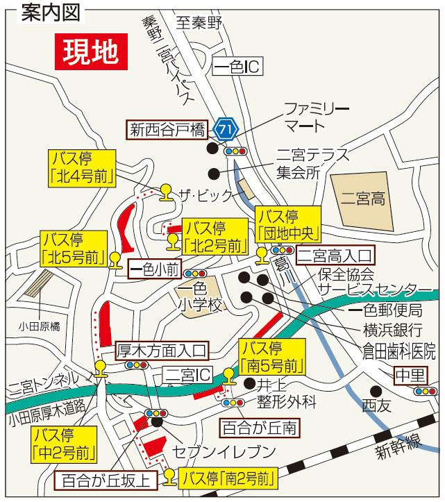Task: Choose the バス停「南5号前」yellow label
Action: [271, 358]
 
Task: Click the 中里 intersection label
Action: [408, 375]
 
